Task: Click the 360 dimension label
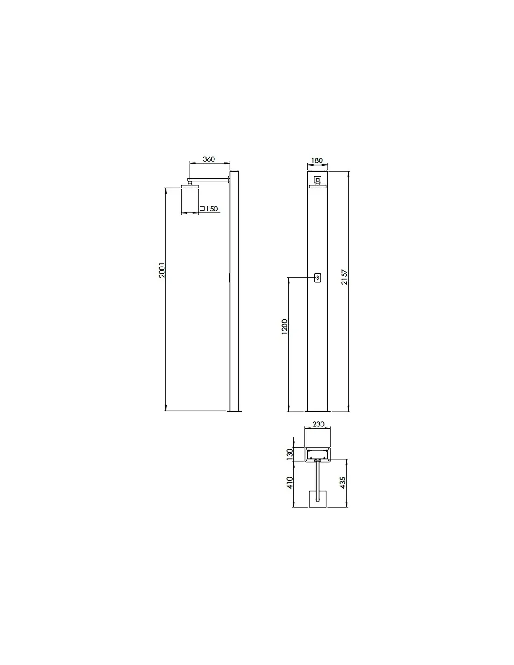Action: click(x=208, y=159)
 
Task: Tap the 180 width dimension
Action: click(x=317, y=160)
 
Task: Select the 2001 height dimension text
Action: click(x=162, y=270)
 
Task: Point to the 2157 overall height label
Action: click(x=344, y=277)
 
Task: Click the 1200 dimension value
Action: click(x=285, y=327)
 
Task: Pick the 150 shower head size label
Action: click(x=212, y=209)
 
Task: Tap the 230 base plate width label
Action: click(x=318, y=424)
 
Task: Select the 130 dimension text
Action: click(x=290, y=455)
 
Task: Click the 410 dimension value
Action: click(x=290, y=483)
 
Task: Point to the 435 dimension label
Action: click(x=343, y=483)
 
